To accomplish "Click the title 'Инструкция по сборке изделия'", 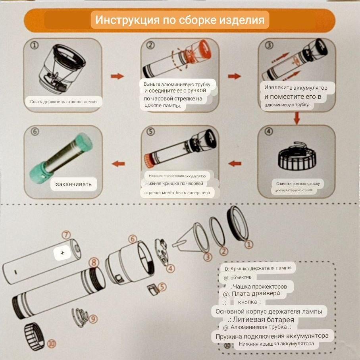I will [180, 20].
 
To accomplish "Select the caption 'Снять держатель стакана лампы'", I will [61, 102].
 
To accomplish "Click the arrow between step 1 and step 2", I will [117, 76].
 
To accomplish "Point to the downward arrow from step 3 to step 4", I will [296, 117].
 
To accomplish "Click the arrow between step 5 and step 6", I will [118, 164].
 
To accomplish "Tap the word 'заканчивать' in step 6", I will [74, 184].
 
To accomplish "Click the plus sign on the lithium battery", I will [62, 252].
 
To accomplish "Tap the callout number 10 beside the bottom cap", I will [51, 344].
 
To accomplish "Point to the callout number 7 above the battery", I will [66, 235].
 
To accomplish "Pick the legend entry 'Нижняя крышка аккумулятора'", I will [276, 344].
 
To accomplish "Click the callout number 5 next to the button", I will [163, 287].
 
